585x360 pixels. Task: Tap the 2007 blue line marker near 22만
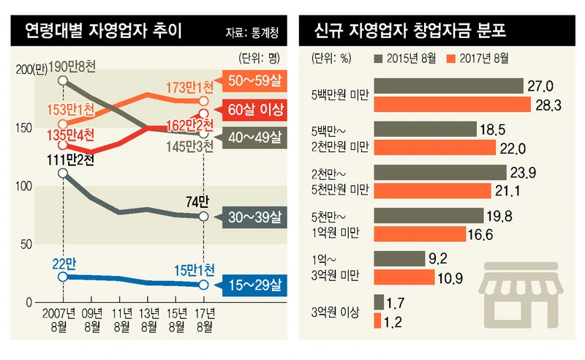pyautogui.click(x=64, y=277)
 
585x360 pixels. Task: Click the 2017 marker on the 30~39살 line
pyautogui.click(x=203, y=216)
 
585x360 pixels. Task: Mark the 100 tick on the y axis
pyautogui.click(x=23, y=186)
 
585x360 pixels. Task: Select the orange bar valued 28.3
pyautogui.click(x=452, y=105)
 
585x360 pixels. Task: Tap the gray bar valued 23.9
pyautogui.click(x=439, y=173)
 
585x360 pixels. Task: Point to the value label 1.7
pyautogui.click(x=399, y=301)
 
